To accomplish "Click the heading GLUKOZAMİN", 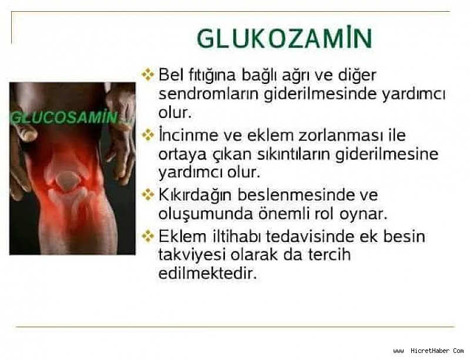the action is point(284,38).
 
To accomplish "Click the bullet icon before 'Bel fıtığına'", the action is point(148,75).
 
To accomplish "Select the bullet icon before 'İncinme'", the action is point(148,135).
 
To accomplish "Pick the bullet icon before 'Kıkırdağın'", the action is point(148,195).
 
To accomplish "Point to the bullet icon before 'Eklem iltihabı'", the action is point(148,236).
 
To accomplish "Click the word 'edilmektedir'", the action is point(207,272).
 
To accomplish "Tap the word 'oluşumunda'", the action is point(206,214).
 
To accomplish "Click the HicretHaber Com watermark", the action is point(428,351).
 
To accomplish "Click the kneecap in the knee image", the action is point(68,179).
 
